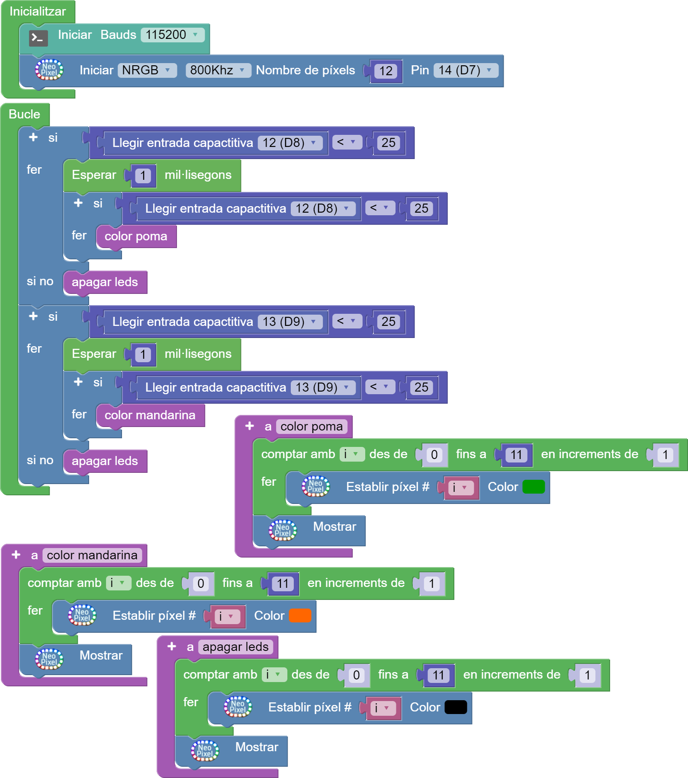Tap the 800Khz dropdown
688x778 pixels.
pyautogui.click(x=218, y=70)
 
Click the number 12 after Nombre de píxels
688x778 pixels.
pyautogui.click(x=386, y=71)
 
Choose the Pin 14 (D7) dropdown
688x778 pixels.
pyautogui.click(x=465, y=70)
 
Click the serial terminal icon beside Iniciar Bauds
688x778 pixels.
pyautogui.click(x=39, y=38)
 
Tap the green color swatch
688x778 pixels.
pyautogui.click(x=534, y=487)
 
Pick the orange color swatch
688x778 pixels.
pyautogui.click(x=300, y=615)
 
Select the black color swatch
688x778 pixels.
pyautogui.click(x=456, y=707)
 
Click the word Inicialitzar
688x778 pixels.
pyautogui.click(x=38, y=12)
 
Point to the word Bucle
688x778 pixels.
pyautogui.click(x=24, y=115)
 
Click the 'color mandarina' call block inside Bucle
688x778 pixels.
pyautogui.click(x=150, y=415)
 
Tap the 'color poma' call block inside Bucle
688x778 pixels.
pyautogui.click(x=135, y=236)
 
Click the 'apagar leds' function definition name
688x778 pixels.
pyautogui.click(x=235, y=647)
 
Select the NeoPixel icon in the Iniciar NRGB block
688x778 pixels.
pyautogui.click(x=49, y=70)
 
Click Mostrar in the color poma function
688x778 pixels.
pyautogui.click(x=334, y=527)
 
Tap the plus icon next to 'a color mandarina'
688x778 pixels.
pyautogui.click(x=16, y=555)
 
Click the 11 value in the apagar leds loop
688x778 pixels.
pyautogui.click(x=438, y=676)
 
